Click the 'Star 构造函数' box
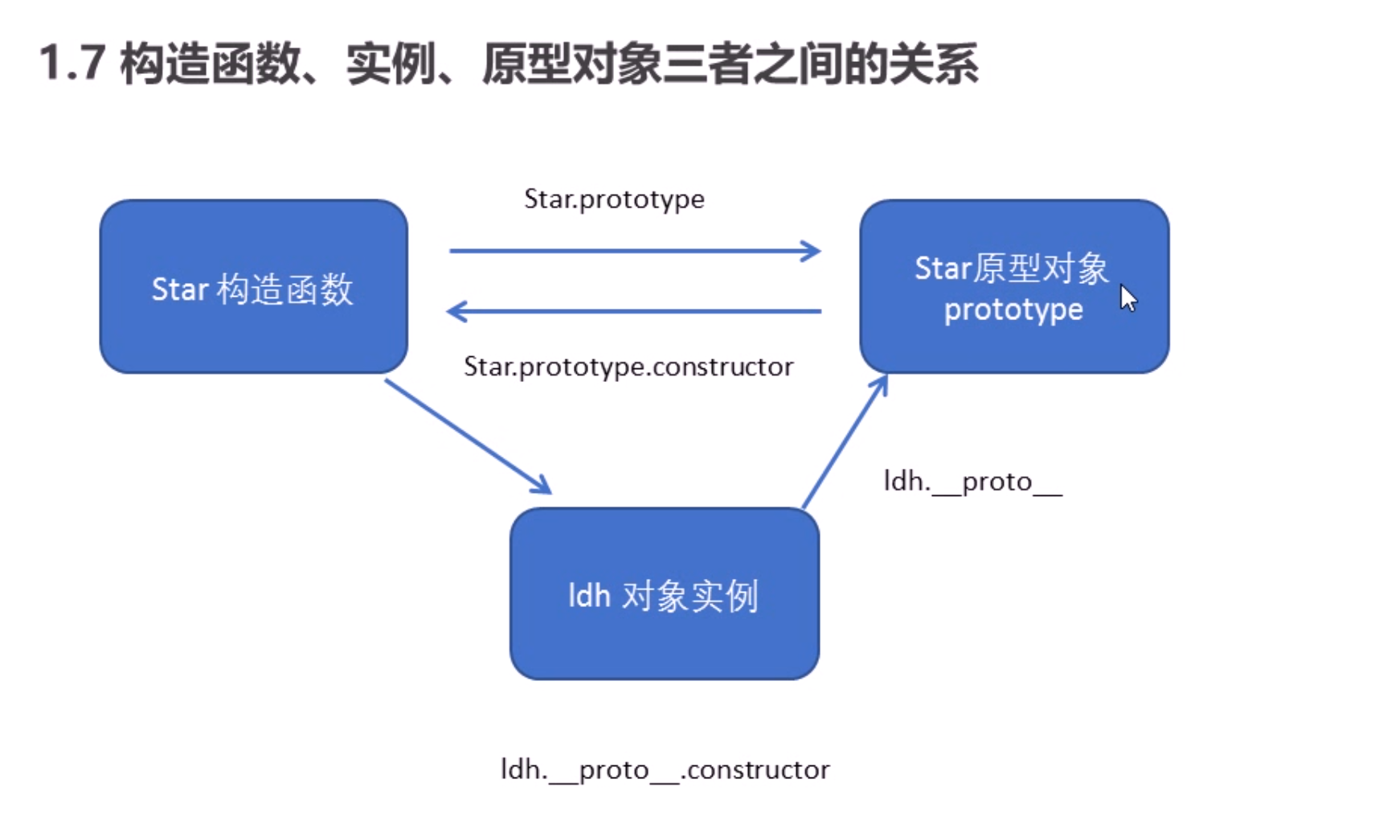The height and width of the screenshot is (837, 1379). pyautogui.click(x=253, y=286)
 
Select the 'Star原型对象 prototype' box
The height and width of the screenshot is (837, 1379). pyautogui.click(x=1014, y=286)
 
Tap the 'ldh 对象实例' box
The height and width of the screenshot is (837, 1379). pyautogui.click(x=665, y=593)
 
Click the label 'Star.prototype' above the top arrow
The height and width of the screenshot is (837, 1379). pyautogui.click(x=614, y=199)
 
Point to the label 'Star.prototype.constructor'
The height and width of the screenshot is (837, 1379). pyautogui.click(x=628, y=367)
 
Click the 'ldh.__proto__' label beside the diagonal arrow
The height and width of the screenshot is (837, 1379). pyautogui.click(x=972, y=482)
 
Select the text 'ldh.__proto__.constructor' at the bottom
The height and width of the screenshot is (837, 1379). pyautogui.click(x=665, y=769)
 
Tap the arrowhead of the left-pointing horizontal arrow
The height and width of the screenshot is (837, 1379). pyautogui.click(x=456, y=311)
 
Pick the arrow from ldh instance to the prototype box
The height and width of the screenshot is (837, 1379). pyautogui.click(x=844, y=442)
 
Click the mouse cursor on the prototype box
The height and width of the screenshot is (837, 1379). pyautogui.click(x=1128, y=297)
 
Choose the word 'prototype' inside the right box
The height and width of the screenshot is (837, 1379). pyautogui.click(x=1013, y=310)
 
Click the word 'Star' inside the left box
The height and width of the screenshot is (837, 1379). pyautogui.click(x=180, y=289)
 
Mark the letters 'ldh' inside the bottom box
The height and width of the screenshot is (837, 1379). pyautogui.click(x=589, y=596)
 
